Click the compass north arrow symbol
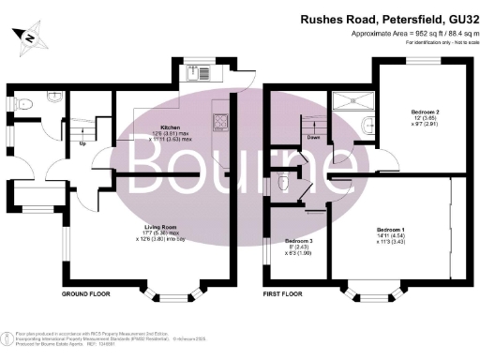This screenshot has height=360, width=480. point(30,37)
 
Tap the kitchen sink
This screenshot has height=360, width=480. point(199,68)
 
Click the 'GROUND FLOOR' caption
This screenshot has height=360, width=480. point(86,293)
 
